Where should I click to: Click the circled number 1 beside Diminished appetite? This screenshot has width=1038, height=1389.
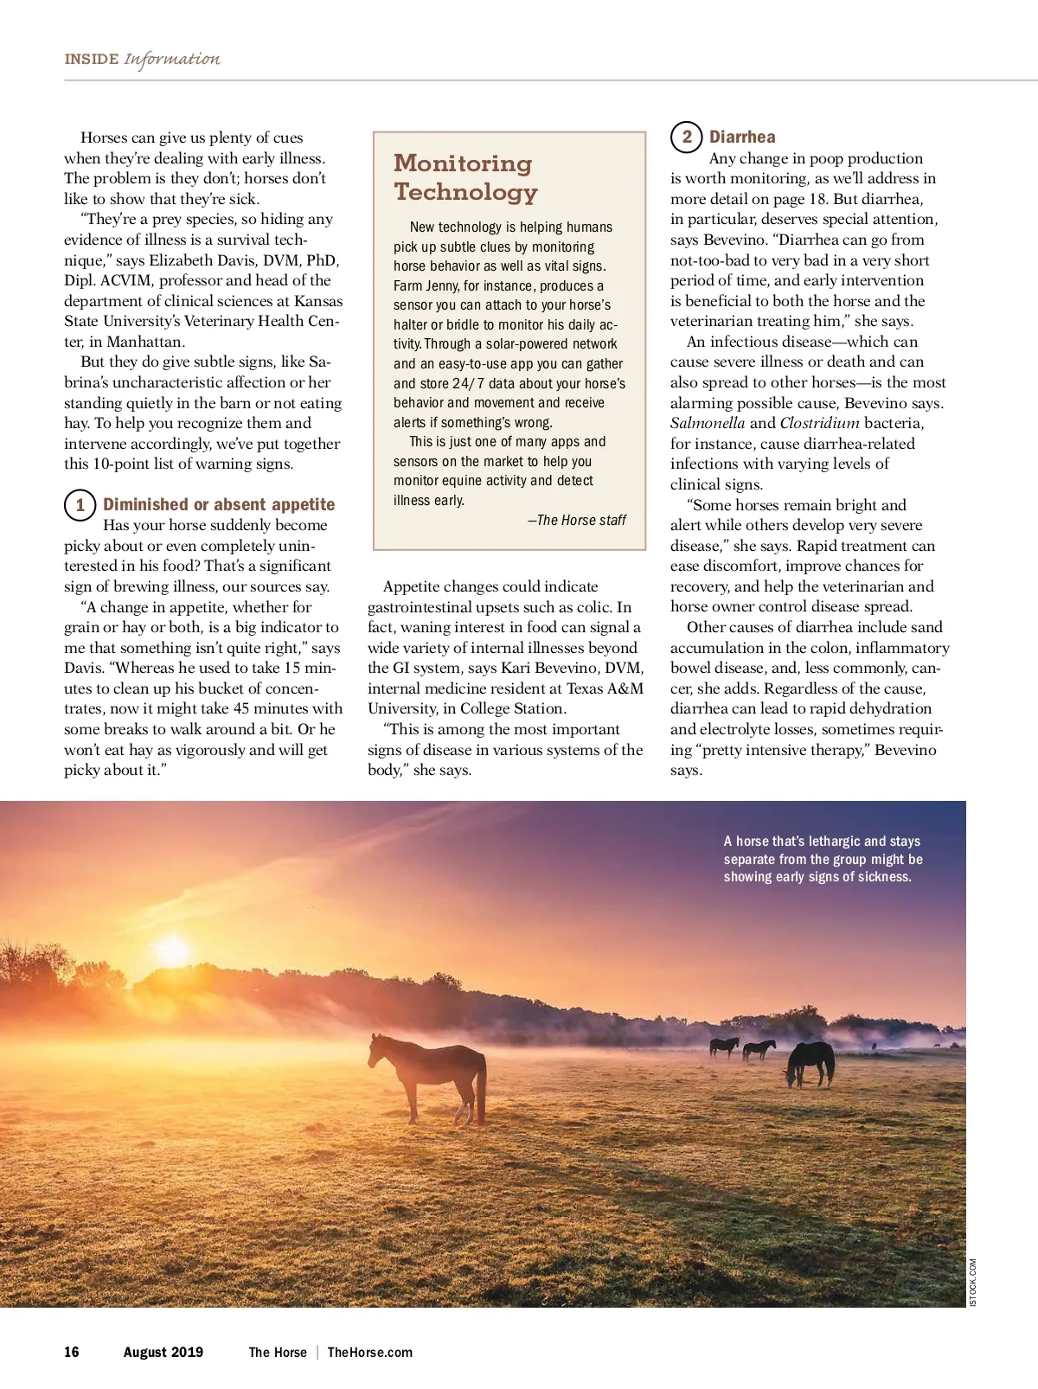pos(80,505)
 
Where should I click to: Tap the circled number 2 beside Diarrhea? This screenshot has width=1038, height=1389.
pos(687,137)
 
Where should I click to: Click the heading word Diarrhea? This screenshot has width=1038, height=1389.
pos(742,137)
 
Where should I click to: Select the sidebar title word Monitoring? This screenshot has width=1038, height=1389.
pos(463,163)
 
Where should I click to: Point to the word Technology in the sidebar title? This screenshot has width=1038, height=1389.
pos(465,191)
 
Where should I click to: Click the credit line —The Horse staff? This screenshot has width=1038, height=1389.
pos(577,520)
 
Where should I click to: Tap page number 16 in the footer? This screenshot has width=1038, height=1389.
pos(72,1352)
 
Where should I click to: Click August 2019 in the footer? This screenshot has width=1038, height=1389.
pos(163,1352)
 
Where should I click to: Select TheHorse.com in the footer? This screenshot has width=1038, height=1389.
pos(369,1352)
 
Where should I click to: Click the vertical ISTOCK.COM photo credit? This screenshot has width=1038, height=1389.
pos(973,1282)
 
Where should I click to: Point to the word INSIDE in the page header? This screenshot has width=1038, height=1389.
pos(92,59)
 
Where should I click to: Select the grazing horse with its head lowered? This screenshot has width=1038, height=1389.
pos(810,1062)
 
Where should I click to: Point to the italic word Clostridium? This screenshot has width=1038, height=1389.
pos(819,423)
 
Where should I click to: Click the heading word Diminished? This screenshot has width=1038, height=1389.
pos(145,504)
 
